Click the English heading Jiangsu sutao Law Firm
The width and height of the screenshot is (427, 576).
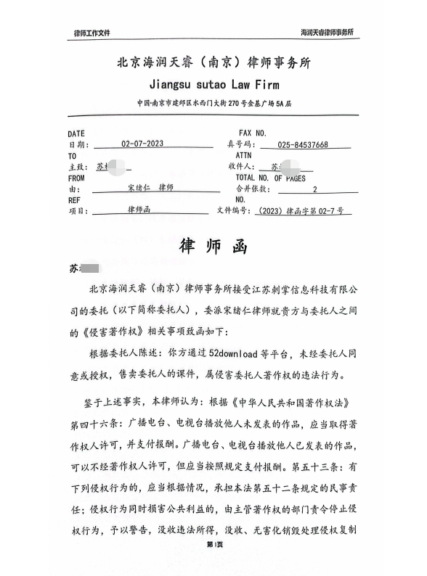(x=213, y=83)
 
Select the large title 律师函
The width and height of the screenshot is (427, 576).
(x=213, y=246)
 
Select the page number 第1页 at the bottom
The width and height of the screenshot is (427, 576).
(x=213, y=564)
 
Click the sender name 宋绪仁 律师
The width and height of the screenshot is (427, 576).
(x=150, y=188)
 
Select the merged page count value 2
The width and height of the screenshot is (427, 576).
(x=314, y=189)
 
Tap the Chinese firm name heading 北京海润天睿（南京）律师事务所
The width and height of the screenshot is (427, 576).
(x=213, y=62)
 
